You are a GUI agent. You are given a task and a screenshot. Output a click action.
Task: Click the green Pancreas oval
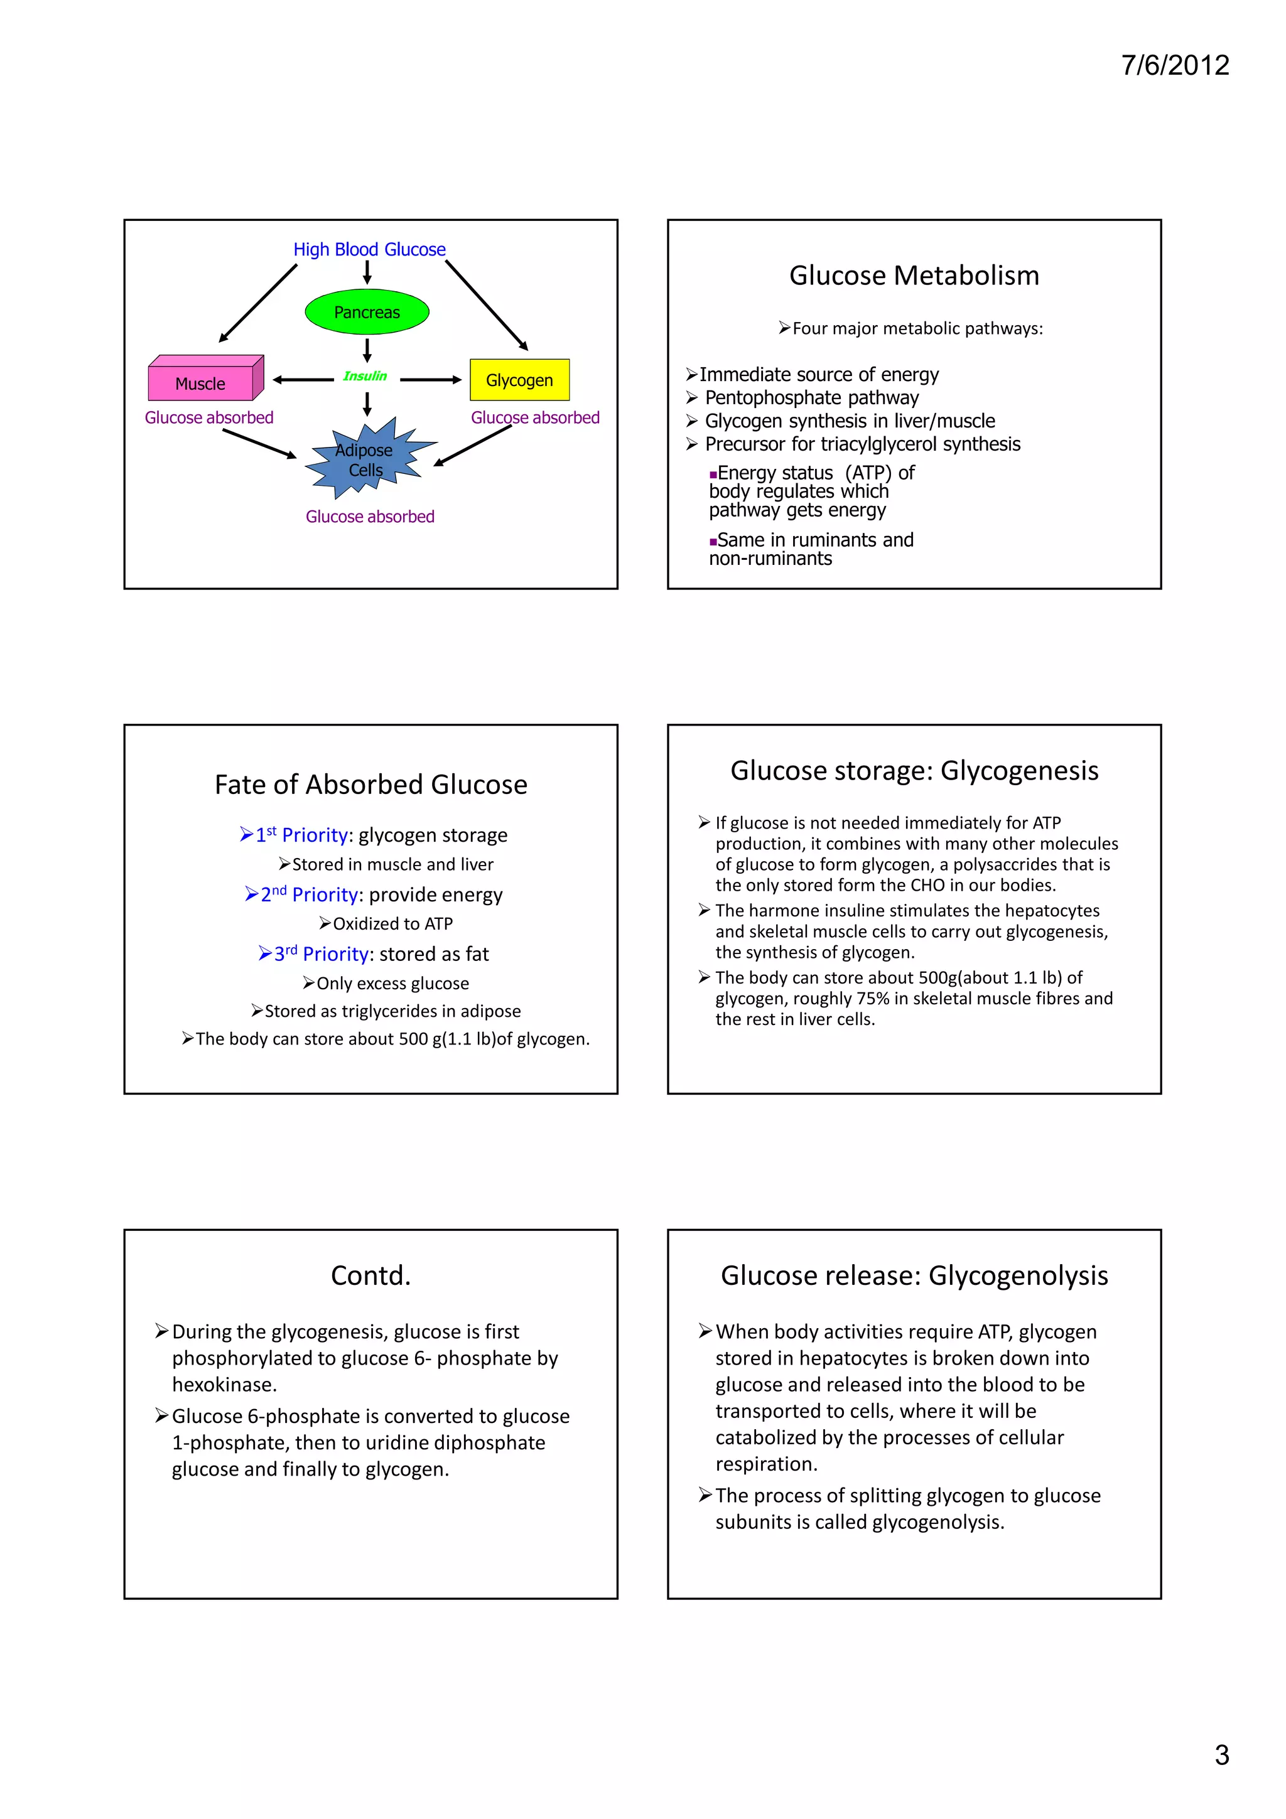pyautogui.click(x=367, y=312)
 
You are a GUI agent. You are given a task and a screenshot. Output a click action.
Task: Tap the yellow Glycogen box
pyautogui.click(x=519, y=380)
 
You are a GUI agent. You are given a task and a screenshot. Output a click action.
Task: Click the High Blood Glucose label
pyautogui.click(x=369, y=250)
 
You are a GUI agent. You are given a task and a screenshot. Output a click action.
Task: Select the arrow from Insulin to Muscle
pyautogui.click(x=303, y=380)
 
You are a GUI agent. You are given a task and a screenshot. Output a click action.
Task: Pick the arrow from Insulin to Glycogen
pyautogui.click(x=430, y=380)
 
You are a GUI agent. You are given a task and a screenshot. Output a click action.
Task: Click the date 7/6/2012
pyautogui.click(x=1174, y=65)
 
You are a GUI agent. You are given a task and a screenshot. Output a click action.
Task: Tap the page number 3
pyautogui.click(x=1221, y=1755)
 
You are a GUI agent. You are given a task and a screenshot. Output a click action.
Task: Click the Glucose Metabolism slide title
pyautogui.click(x=914, y=276)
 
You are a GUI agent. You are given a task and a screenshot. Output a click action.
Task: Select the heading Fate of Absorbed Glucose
pyautogui.click(x=371, y=785)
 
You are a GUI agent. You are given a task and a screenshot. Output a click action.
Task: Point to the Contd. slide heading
pyautogui.click(x=371, y=1275)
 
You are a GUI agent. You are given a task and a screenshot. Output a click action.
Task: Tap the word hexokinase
pyautogui.click(x=224, y=1385)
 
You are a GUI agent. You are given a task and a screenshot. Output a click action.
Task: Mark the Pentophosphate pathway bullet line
pyautogui.click(x=811, y=398)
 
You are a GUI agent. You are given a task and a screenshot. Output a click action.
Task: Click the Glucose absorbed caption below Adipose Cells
pyautogui.click(x=370, y=517)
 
